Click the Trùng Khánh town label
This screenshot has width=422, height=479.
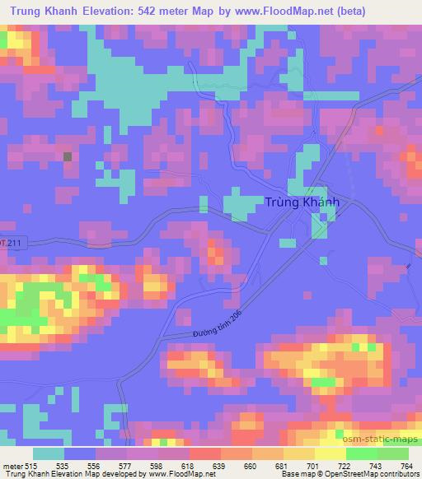[302, 203]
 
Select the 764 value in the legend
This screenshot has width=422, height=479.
[406, 466]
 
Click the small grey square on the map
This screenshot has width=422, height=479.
[68, 156]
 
